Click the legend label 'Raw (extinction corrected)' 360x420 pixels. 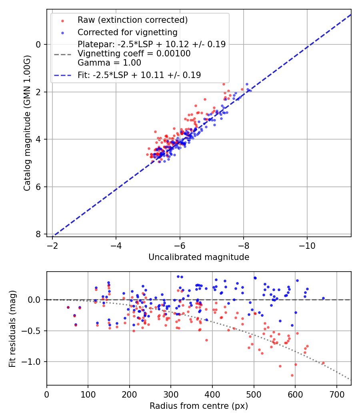pos(132,20)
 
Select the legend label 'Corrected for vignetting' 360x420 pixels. pos(127,32)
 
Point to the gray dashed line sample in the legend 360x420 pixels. pos(62,54)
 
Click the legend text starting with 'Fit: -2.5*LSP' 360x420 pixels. pos(139,75)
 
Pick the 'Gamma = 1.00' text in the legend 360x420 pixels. pos(109,62)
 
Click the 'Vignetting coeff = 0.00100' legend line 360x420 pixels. pos(134,54)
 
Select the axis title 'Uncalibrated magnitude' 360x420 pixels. pos(199,257)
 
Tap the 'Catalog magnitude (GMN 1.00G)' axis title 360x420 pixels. pos(27,123)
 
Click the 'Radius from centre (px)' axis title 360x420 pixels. pos(199,406)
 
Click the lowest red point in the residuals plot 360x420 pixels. pos(292,375)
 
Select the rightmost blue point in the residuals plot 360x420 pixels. pos(323,298)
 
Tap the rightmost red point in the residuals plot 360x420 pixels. pos(323,363)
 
